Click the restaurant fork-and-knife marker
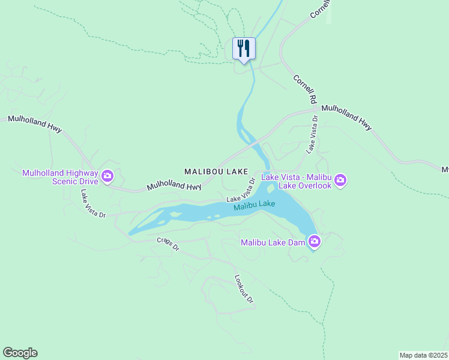[244, 48]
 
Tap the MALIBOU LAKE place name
[216, 172]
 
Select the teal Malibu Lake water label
[255, 205]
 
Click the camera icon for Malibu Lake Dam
[314, 242]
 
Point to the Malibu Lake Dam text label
[273, 242]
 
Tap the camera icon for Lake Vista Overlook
[340, 180]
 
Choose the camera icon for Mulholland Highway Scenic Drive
[107, 176]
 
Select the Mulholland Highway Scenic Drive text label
[60, 177]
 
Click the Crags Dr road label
[168, 244]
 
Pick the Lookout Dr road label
[244, 289]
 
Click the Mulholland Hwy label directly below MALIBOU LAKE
[174, 186]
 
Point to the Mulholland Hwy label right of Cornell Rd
[346, 117]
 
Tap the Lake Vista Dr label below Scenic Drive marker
[93, 203]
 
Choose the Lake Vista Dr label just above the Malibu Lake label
[241, 190]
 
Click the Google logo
[20, 353]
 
